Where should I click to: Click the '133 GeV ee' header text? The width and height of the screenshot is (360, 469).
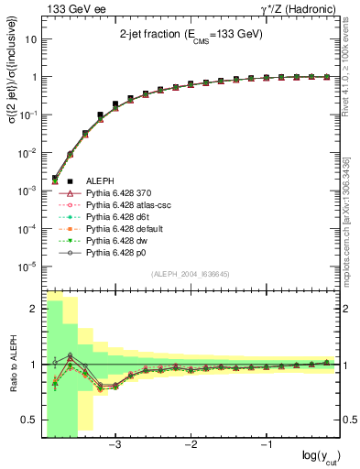click(x=68, y=8)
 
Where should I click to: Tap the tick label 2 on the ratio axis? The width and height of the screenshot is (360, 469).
click(x=32, y=309)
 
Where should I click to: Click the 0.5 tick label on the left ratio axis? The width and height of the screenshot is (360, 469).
click(x=27, y=420)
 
